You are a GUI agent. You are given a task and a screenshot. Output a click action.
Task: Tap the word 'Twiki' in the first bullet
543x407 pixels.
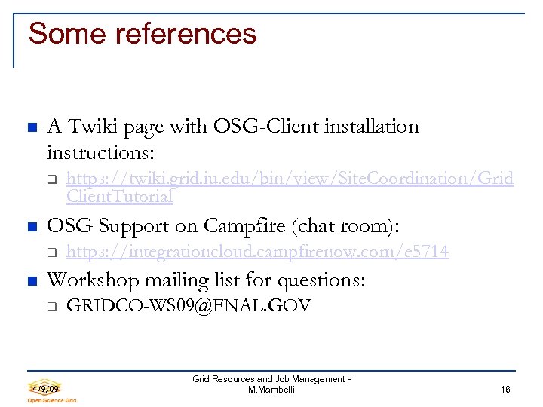(87, 127)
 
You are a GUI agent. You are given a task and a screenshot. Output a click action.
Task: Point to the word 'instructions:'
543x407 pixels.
(100, 153)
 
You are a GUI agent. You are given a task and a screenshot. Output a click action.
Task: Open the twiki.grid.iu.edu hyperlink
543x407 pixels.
(290, 179)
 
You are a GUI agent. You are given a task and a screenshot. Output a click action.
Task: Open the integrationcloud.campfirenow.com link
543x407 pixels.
(257, 252)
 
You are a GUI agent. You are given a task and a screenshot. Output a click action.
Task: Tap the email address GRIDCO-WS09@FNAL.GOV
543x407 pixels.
(189, 305)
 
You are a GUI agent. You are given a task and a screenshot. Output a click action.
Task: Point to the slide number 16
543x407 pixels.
(505, 389)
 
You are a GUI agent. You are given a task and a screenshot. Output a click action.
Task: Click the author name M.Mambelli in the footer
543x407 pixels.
(271, 390)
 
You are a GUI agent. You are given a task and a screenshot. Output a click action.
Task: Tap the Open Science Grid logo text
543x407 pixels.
(52, 400)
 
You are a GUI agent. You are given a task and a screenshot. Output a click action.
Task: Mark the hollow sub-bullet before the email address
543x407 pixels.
(51, 307)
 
